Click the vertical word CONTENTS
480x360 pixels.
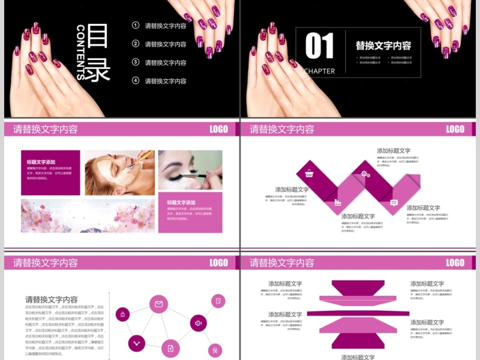pyautogui.click(x=81, y=52)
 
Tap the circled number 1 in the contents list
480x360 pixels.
pyautogui.click(x=136, y=25)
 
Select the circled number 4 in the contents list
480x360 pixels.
pyautogui.click(x=136, y=80)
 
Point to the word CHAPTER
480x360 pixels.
pyautogui.click(x=320, y=71)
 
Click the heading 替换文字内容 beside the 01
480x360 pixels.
pyautogui.click(x=383, y=46)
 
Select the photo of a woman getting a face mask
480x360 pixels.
pyautogui.click(x=119, y=172)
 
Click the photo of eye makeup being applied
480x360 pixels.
pyautogui.click(x=190, y=169)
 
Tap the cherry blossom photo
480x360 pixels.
pyautogui.click(x=88, y=216)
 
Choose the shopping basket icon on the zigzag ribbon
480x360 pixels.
pyautogui.click(x=309, y=174)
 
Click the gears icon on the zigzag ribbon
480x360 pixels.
pyautogui.click(x=365, y=174)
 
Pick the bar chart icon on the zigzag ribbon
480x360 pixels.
pyautogui.click(x=338, y=202)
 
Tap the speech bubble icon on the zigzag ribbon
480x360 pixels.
pyautogui.click(x=394, y=203)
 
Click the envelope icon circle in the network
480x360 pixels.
pyautogui.click(x=158, y=304)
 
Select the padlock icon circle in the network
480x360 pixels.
pyautogui.click(x=123, y=314)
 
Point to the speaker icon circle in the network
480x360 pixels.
pyautogui.click(x=199, y=323)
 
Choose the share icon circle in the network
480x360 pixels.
pyautogui.click(x=136, y=344)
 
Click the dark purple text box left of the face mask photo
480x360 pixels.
pyautogui.click(x=50, y=172)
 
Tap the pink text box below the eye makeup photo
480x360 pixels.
pyautogui.click(x=190, y=212)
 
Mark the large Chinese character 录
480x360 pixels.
pyautogui.click(x=99, y=70)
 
